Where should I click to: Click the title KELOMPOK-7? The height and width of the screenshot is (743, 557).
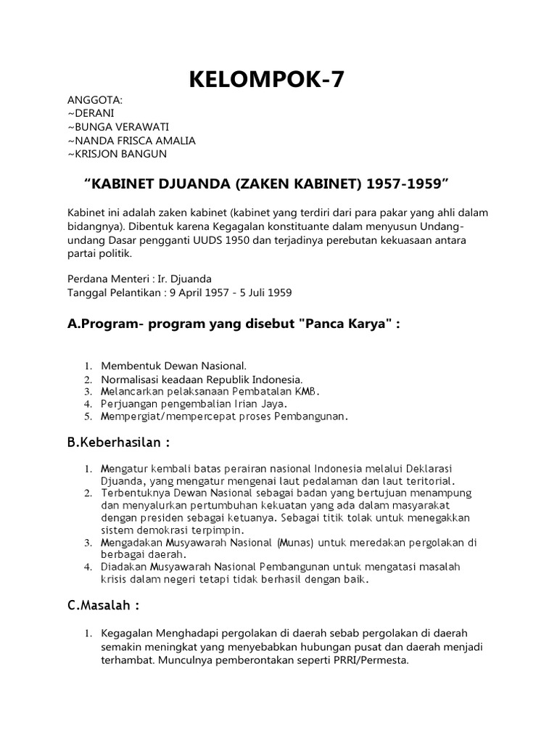coord(266,80)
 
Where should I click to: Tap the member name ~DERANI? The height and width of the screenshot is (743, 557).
coord(91,114)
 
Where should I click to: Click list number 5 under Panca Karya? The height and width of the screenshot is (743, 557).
coord(86,417)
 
